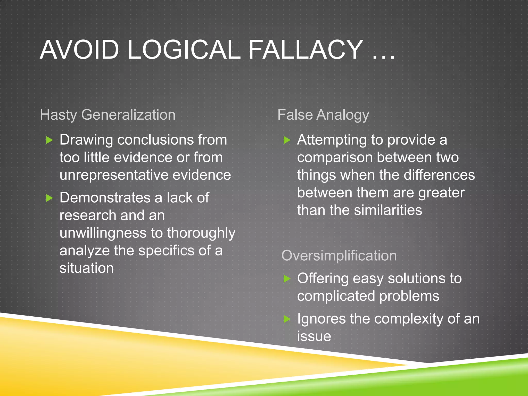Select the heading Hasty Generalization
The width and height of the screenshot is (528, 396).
(x=108, y=115)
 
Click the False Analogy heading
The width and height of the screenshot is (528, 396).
(x=323, y=115)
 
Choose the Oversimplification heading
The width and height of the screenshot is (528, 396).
(x=339, y=255)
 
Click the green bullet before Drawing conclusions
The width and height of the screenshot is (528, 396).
(x=49, y=140)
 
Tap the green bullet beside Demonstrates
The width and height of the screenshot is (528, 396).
(x=49, y=198)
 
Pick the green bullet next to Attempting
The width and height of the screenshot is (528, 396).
(x=287, y=140)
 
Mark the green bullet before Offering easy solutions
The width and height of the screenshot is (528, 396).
(x=287, y=279)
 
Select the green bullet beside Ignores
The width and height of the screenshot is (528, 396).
(x=287, y=319)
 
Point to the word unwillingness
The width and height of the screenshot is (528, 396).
(x=103, y=233)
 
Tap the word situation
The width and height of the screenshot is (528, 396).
(x=87, y=268)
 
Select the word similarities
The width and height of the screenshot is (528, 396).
(x=388, y=210)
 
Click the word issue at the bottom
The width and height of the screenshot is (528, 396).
(x=314, y=336)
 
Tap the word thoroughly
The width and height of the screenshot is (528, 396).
(x=201, y=233)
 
